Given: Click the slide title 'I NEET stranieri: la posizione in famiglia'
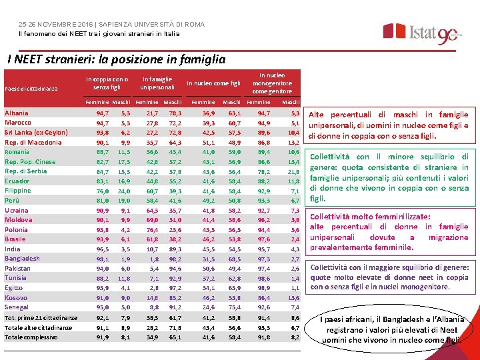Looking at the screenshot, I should click(x=116, y=59).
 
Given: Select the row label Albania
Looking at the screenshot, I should click(x=17, y=113).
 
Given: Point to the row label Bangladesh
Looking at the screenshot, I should click(x=22, y=259).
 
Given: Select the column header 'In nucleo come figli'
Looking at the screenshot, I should click(x=213, y=83).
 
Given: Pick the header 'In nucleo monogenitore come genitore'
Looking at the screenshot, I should click(x=272, y=83).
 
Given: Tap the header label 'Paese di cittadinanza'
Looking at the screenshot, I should click(x=31, y=89).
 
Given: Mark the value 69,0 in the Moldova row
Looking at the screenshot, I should click(x=152, y=220).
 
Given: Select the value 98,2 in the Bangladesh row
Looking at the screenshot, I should click(x=175, y=259).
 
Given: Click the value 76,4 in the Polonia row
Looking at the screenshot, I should click(x=152, y=230).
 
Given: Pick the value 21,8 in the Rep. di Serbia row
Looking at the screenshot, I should click(x=293, y=172).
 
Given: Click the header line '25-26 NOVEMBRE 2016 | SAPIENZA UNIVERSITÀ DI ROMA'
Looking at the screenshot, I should click(x=111, y=25).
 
